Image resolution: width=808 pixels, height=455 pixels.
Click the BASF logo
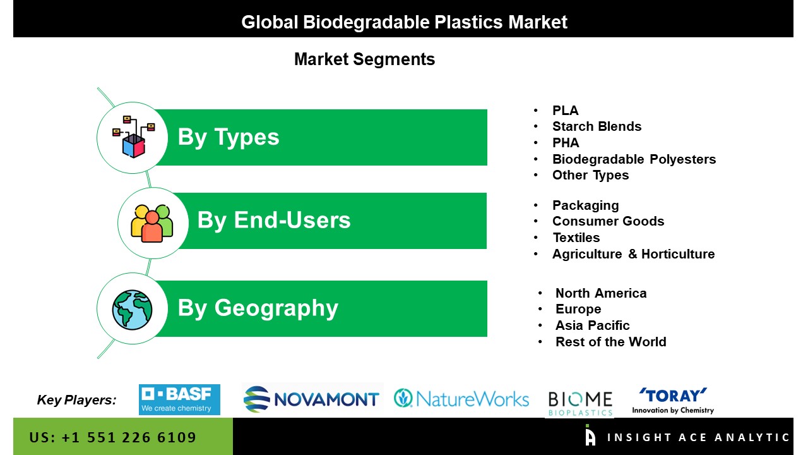(179, 399)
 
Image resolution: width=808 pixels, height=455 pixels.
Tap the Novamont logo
(311, 399)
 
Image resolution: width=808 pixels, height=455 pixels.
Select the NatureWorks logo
(461, 399)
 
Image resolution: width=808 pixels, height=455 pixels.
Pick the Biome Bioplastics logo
(580, 403)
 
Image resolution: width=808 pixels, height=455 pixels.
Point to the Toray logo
(673, 401)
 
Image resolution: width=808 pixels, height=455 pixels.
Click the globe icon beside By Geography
(132, 310)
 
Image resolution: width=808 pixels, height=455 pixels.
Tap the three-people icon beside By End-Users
(152, 223)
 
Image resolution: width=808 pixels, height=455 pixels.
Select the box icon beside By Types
(133, 137)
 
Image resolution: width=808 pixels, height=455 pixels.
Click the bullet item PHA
(566, 143)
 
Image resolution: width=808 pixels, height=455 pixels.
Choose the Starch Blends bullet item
(597, 126)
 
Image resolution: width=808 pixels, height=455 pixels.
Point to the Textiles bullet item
(576, 238)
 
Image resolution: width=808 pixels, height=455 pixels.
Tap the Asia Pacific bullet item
(592, 325)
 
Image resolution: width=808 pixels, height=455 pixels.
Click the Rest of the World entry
(610, 342)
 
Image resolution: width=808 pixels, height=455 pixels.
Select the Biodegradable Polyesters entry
(634, 159)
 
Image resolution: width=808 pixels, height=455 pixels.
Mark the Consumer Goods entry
(608, 221)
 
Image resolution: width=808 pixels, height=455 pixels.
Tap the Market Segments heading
(365, 59)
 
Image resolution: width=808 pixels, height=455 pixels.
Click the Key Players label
(76, 400)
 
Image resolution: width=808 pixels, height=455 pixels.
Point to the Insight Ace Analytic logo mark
(590, 435)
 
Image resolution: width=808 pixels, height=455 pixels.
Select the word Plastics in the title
(468, 22)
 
